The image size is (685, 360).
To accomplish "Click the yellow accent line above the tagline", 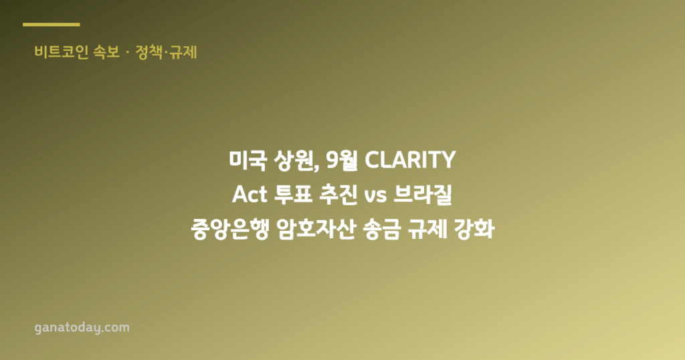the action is tap(51, 25).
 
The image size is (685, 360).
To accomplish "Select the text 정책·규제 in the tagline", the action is tap(166, 52).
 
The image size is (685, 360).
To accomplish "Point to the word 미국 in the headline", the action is tap(248, 160).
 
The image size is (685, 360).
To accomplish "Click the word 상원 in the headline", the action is tap(295, 161).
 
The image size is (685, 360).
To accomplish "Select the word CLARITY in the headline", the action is tap(410, 160).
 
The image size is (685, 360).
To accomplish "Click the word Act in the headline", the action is tap(250, 195).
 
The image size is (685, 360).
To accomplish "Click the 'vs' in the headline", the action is tap(375, 196).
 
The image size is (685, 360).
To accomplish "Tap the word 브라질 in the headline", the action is tap(423, 195).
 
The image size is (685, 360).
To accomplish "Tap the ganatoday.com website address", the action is tap(82, 328).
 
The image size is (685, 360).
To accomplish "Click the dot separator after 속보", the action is tap(127, 53).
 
